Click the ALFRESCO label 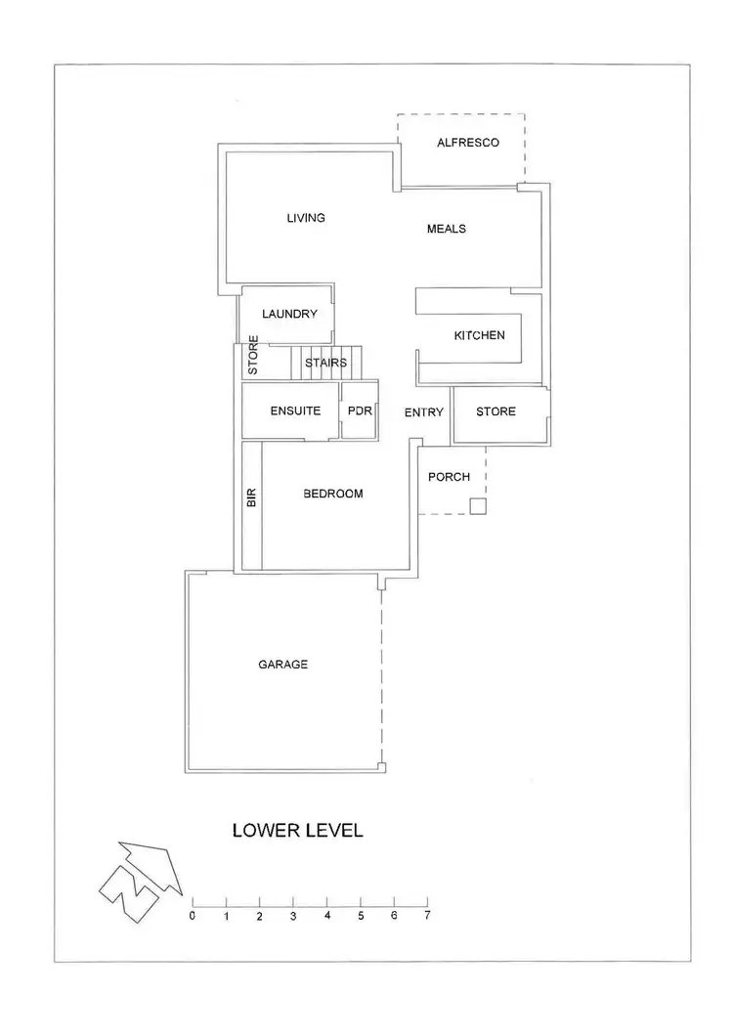pos(467,143)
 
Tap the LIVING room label pos(305,217)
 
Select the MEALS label pos(447,229)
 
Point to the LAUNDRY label pos(290,314)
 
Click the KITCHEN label pos(479,335)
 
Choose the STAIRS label pos(325,363)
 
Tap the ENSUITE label pos(295,411)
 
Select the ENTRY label pos(424,412)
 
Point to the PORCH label pos(449,477)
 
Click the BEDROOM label pos(332,494)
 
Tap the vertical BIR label pos(251,497)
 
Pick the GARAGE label pos(282,665)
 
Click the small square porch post pos(477,505)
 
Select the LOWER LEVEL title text pos(297,831)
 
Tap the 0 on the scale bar pos(193,916)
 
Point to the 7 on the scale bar pos(427,916)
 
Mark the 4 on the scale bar pos(326,916)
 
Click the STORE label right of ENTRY pos(496,411)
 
